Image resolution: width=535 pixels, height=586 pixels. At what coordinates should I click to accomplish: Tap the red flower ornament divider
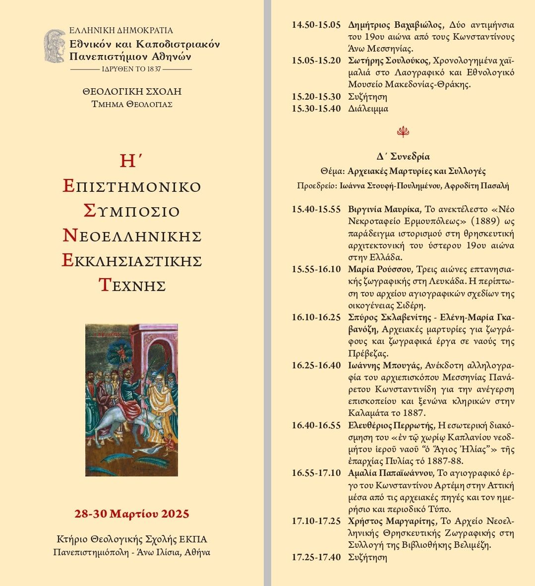pyautogui.click(x=403, y=132)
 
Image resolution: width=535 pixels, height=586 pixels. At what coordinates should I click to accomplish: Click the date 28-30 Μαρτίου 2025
pyautogui.click(x=132, y=514)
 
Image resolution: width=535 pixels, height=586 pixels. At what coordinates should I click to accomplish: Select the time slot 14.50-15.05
pyautogui.click(x=316, y=25)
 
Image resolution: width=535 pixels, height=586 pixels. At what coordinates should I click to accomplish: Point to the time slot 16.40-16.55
pyautogui.click(x=316, y=425)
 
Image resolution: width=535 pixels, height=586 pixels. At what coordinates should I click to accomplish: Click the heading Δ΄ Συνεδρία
pyautogui.click(x=403, y=157)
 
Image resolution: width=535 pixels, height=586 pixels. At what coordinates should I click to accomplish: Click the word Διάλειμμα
pyautogui.click(x=368, y=109)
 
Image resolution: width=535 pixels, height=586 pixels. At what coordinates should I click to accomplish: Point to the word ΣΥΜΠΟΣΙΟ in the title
pyautogui.click(x=131, y=211)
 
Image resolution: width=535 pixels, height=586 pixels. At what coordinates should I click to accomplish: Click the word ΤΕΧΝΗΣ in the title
pyautogui.click(x=132, y=286)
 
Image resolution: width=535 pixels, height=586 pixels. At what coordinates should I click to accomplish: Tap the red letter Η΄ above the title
pyautogui.click(x=131, y=160)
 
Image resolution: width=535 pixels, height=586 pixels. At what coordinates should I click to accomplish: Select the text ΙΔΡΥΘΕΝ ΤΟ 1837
pyautogui.click(x=131, y=69)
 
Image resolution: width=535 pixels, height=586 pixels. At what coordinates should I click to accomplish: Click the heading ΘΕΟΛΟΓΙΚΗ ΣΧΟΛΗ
pyautogui.click(x=132, y=92)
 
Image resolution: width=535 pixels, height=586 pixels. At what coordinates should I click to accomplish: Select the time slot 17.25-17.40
pyautogui.click(x=316, y=557)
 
